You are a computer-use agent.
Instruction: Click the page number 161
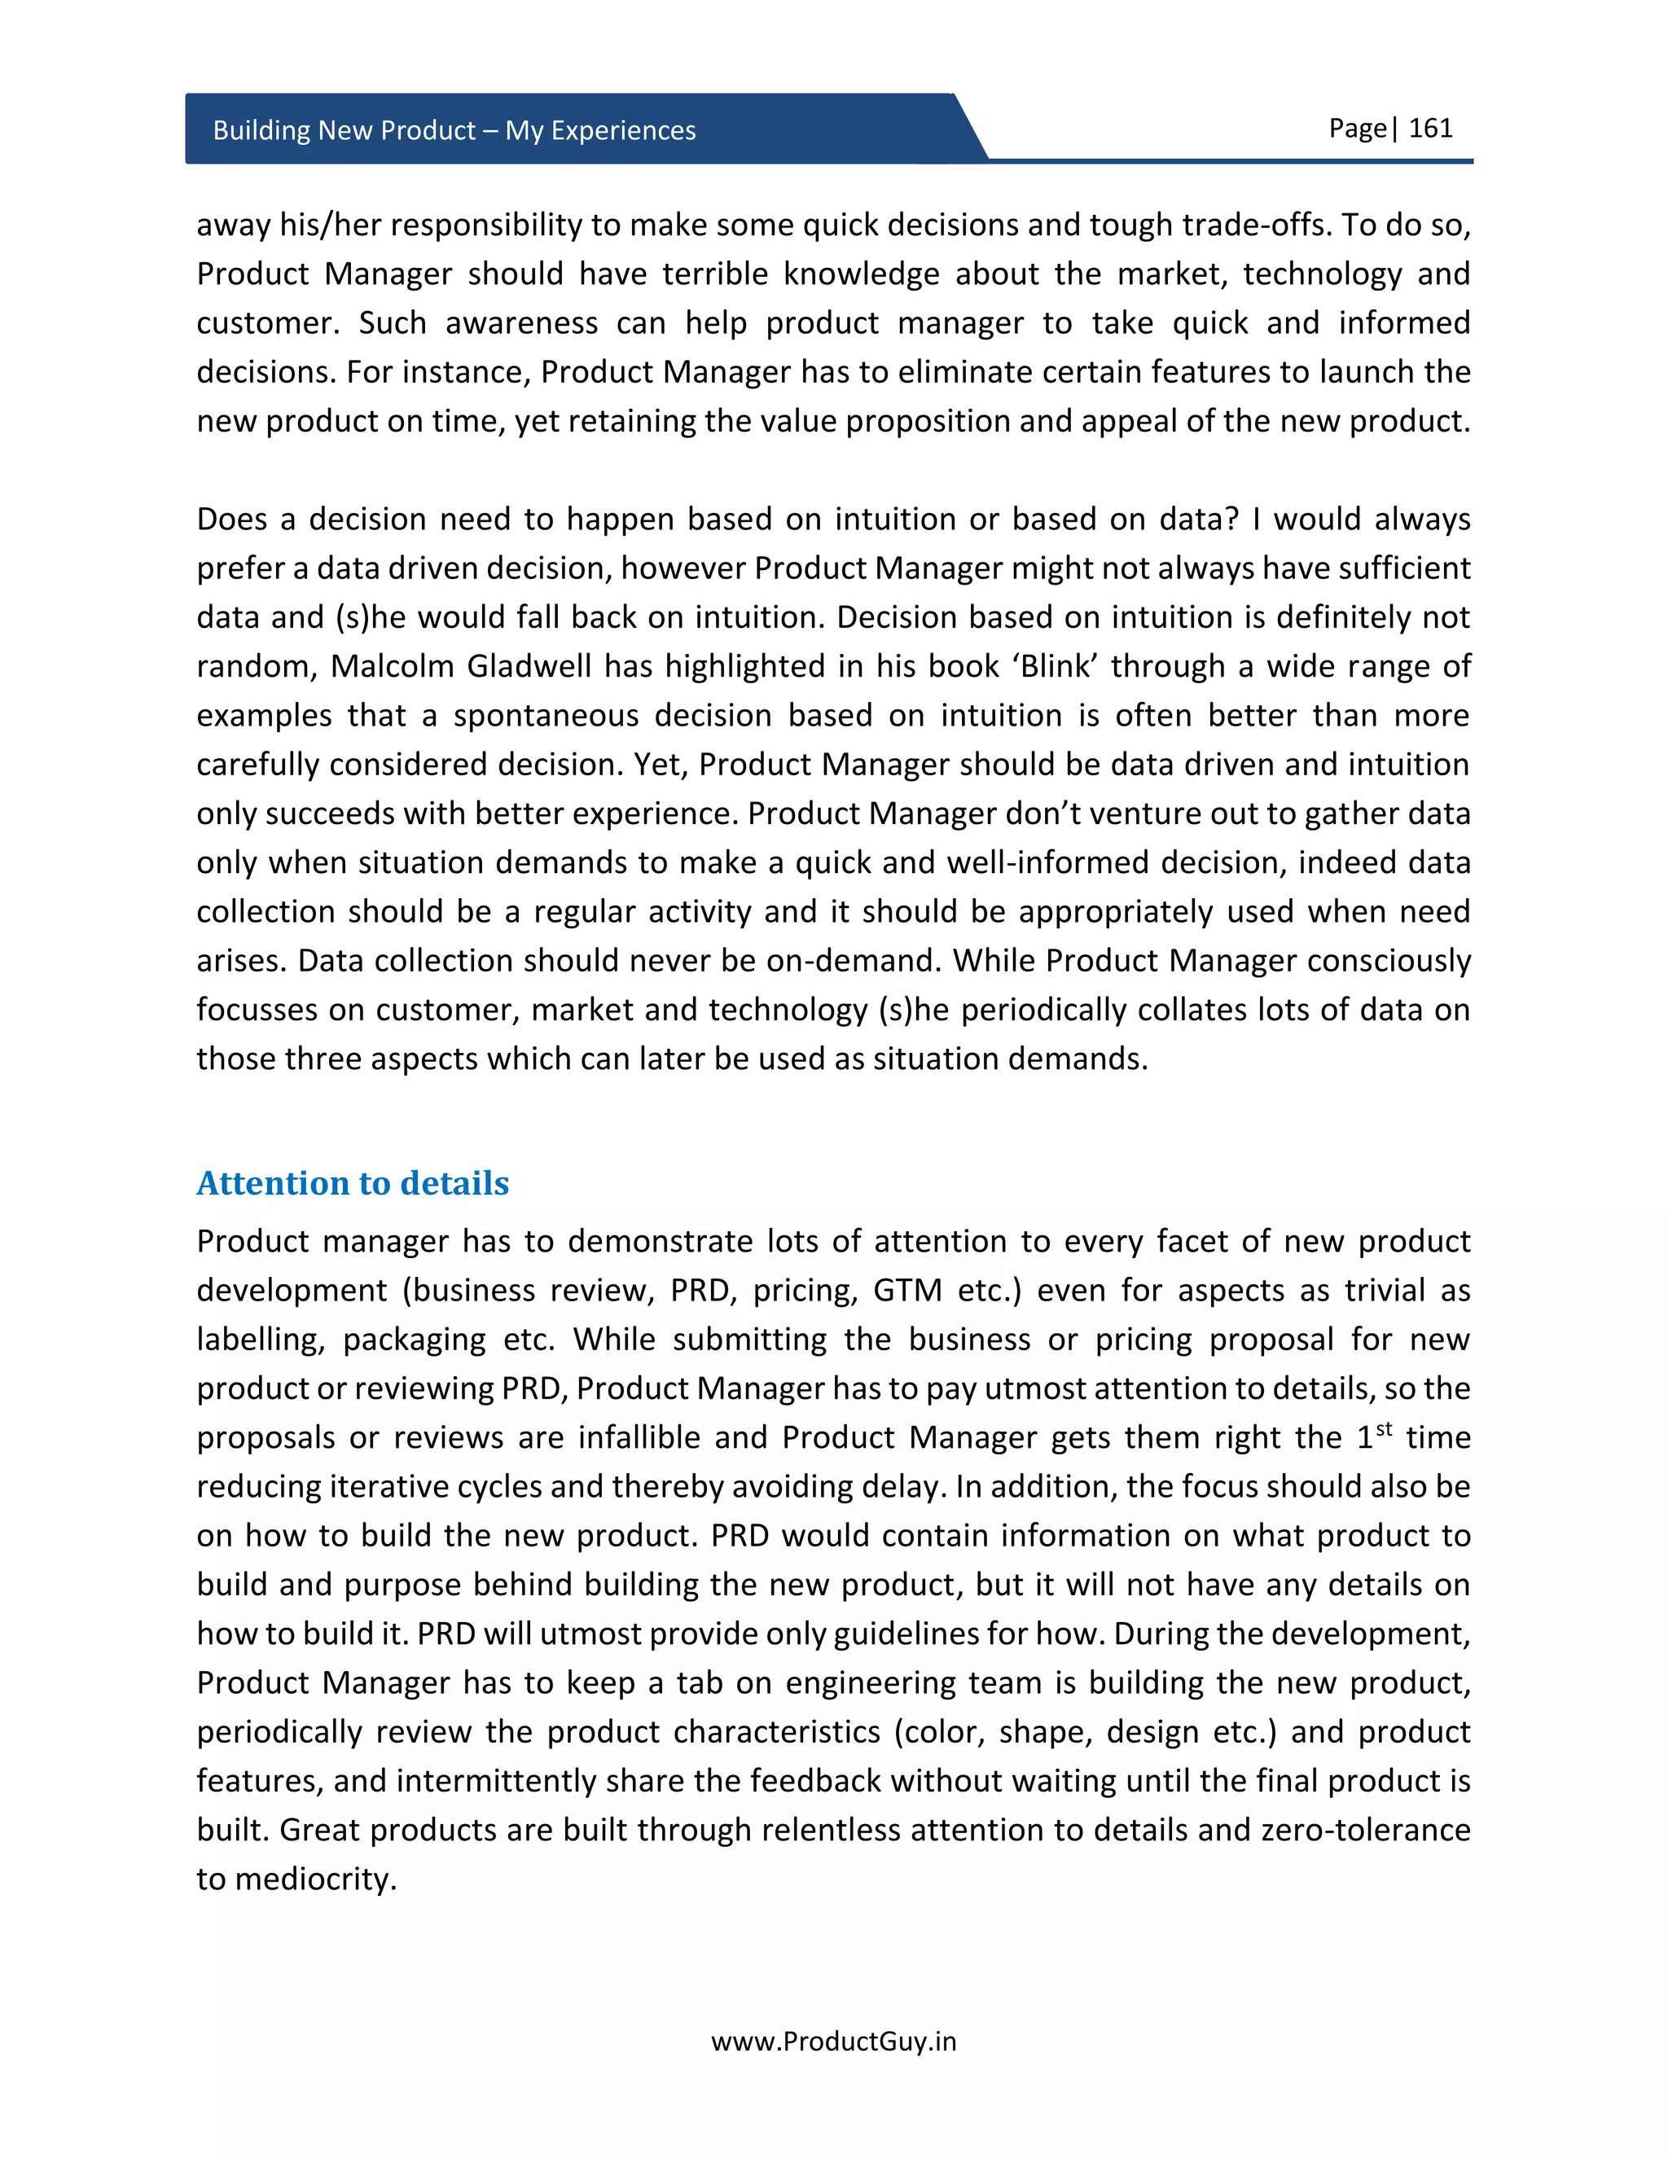tap(1430, 129)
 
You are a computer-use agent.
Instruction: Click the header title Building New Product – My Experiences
tap(454, 130)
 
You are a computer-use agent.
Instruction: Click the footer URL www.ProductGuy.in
tap(834, 2042)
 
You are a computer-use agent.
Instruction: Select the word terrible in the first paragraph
tap(714, 274)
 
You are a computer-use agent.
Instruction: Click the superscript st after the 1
tap(1384, 1429)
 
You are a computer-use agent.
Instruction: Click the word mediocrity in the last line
tap(315, 1879)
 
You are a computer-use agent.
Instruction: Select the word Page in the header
tap(1357, 129)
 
